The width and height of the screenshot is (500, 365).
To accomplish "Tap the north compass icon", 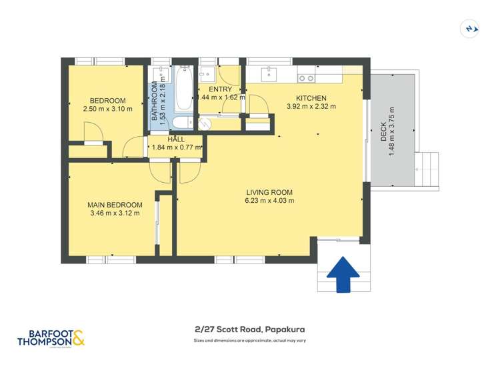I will pos(471,28).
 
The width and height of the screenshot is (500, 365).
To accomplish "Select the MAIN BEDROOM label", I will pos(115,205).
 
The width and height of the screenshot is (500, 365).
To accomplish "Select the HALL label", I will pos(176,139).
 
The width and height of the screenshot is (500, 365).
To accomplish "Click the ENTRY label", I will pos(220,89).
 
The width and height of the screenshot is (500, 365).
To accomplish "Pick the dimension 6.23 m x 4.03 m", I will pos(269,200).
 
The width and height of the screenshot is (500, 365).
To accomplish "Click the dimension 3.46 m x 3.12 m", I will pos(115,214).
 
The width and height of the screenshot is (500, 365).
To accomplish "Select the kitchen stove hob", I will pos(306,78).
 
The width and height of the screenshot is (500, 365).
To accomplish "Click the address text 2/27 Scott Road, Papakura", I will pos(249,329).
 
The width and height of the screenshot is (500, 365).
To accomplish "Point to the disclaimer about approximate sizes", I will pos(249,340).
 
